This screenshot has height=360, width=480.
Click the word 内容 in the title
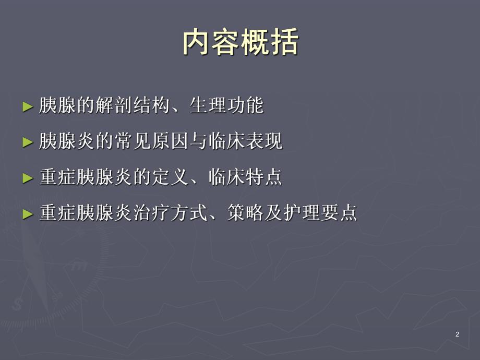coord(211,42)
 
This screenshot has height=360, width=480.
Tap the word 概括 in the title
coord(270,42)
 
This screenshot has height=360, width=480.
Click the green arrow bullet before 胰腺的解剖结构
coord(28,106)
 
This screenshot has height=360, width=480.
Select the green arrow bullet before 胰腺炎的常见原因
coord(28,142)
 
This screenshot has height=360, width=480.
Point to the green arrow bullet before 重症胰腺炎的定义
coord(28,177)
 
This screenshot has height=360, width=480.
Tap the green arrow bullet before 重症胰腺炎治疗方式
coord(28,213)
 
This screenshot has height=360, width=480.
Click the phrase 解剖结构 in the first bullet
coord(133,106)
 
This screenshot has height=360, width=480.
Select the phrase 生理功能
coord(226,106)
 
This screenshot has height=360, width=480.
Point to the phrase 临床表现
coord(245,141)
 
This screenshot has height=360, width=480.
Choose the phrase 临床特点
coord(245,177)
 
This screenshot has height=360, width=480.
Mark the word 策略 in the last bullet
coord(245,213)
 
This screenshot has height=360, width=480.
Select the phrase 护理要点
coord(320,213)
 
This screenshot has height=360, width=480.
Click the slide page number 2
coord(458,334)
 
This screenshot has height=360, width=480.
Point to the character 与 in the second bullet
coord(198,141)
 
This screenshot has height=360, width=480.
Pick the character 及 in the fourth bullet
coord(273,213)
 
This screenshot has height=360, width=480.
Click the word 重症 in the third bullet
coord(58,177)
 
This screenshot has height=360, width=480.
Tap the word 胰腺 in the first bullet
coord(58,106)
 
